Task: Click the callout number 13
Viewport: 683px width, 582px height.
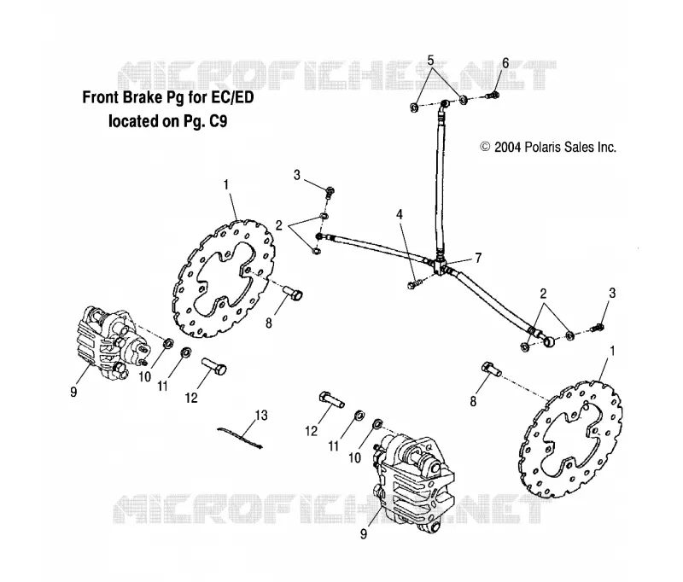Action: (x=261, y=416)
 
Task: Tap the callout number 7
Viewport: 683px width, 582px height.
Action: (x=478, y=258)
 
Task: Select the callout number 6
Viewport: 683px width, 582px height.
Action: (x=505, y=63)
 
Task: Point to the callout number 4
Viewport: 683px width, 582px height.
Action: (x=400, y=214)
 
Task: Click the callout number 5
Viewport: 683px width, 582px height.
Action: (x=430, y=61)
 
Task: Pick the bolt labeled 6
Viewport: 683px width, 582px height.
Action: (x=493, y=95)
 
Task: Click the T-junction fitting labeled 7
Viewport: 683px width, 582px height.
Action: (x=440, y=265)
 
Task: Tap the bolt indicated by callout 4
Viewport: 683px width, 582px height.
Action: (x=414, y=284)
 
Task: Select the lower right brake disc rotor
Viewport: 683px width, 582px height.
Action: (x=570, y=440)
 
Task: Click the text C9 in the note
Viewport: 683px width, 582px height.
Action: (x=219, y=120)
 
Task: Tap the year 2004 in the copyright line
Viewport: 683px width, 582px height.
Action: (x=507, y=147)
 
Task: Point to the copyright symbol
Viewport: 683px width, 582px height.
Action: (x=485, y=147)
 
